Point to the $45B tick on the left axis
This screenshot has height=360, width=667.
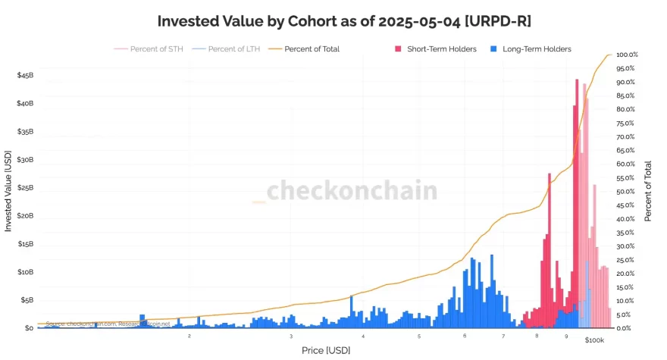tap(25, 76)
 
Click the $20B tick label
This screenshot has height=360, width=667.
tap(25, 216)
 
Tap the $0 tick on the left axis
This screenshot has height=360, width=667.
tap(29, 328)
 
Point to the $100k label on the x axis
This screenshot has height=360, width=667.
tap(595, 340)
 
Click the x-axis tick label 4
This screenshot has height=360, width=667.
tap(363, 335)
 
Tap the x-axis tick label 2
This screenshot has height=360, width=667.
tap(189, 335)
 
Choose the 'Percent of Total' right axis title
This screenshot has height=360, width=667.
tap(649, 191)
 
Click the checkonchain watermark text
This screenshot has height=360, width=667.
tap(352, 190)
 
